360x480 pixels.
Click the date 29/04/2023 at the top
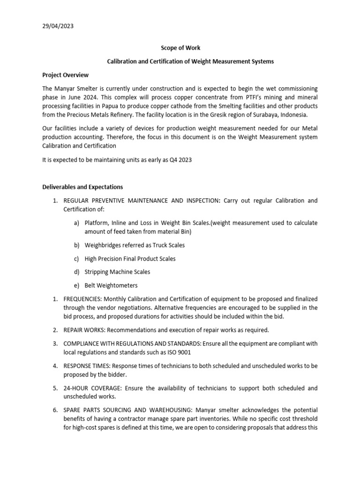(x=58, y=26)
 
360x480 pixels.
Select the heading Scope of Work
(x=180, y=48)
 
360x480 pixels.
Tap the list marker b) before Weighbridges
(x=77, y=245)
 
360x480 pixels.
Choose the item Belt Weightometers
(x=111, y=285)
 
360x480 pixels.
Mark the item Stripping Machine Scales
(x=117, y=272)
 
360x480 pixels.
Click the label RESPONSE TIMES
(x=87, y=366)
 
